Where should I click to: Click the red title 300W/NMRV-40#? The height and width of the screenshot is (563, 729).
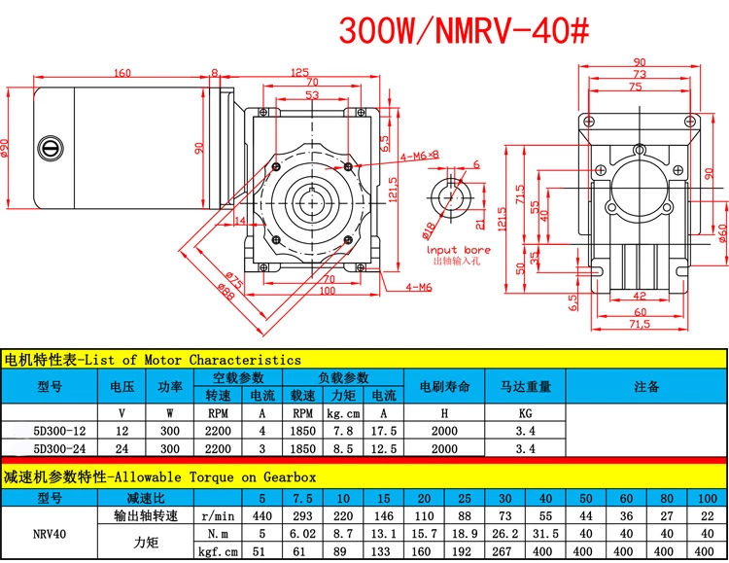tap(464, 31)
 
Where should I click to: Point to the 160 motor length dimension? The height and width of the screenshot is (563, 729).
tap(122, 73)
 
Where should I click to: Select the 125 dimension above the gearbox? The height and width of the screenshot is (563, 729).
tap(299, 73)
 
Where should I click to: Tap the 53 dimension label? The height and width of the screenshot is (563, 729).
tap(312, 95)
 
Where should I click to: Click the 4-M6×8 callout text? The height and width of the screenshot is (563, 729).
tap(420, 157)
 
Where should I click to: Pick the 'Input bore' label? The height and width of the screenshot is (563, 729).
tap(459, 250)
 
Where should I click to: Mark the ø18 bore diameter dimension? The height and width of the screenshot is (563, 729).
tap(429, 229)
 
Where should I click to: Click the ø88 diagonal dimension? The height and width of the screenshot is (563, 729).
tap(226, 292)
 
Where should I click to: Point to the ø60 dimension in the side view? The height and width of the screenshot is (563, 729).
tap(722, 233)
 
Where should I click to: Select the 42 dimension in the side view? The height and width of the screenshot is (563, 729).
tap(640, 296)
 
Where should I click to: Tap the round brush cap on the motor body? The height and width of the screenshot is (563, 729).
tap(51, 149)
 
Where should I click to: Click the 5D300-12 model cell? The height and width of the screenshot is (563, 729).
tap(59, 431)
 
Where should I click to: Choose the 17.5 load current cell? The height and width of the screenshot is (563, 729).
tap(384, 431)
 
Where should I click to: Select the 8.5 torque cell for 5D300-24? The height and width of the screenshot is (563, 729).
tap(343, 449)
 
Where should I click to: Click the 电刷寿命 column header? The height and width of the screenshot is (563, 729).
tap(444, 386)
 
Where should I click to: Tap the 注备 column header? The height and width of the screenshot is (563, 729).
tap(646, 386)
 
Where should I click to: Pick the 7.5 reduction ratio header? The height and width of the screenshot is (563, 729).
tap(302, 498)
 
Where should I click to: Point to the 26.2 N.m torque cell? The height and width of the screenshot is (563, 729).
tap(504, 534)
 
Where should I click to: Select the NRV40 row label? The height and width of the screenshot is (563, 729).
tap(50, 534)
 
